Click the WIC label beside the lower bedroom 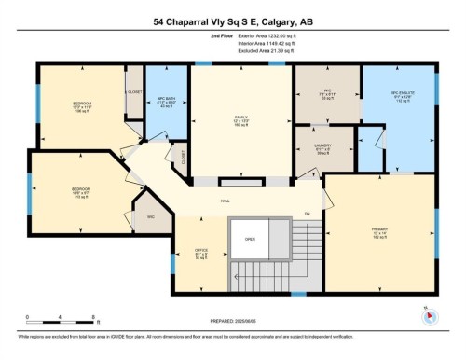pos(150,218)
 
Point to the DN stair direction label pos(307,214)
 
